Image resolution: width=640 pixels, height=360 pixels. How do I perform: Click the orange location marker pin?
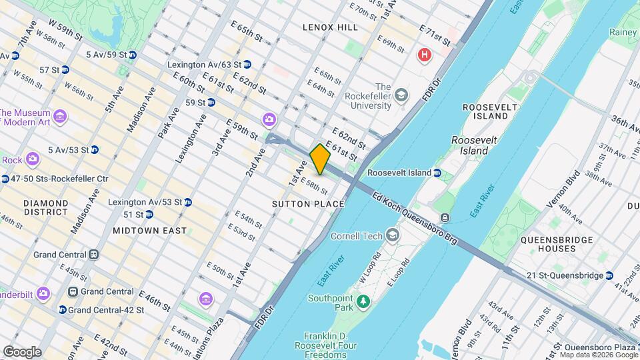point(320,159)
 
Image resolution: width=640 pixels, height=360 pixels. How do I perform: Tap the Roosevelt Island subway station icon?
point(437,173)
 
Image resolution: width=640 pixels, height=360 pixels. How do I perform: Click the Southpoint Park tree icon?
point(363,302)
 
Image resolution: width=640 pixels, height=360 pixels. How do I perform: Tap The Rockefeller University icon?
point(401,96)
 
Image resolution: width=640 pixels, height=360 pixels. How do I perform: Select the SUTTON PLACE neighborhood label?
point(308,203)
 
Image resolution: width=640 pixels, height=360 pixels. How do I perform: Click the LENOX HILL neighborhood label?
point(330,27)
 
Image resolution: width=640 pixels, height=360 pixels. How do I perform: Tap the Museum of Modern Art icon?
point(61,117)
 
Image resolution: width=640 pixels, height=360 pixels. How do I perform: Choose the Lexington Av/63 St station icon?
point(247,65)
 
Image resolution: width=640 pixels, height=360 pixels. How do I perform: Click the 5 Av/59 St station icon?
point(132,55)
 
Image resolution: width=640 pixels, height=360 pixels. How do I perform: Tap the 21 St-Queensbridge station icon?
point(609,275)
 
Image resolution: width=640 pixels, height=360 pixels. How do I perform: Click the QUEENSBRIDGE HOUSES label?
point(548,243)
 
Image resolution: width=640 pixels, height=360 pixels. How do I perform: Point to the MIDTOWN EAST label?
point(149,230)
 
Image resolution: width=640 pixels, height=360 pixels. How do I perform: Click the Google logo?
point(22,351)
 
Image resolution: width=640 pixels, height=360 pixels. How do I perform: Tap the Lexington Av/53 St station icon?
point(188,202)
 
